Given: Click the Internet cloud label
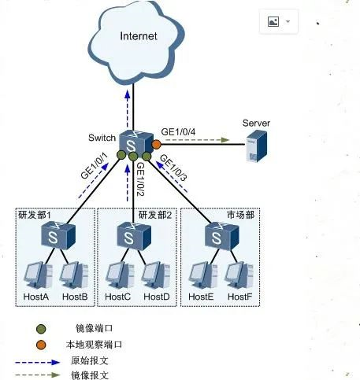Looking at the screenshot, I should tap(139, 36).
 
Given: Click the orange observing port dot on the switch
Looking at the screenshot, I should tap(156, 145).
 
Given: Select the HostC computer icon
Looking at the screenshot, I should tap(118, 273).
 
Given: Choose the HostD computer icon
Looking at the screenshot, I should tap(155, 273).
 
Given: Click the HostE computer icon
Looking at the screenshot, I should tap(202, 273).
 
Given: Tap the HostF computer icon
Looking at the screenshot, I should tap(237, 273).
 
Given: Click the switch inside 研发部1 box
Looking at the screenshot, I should tap(58, 234).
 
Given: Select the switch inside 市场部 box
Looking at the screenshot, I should tap(219, 234).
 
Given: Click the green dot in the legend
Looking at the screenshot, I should tap(41, 328).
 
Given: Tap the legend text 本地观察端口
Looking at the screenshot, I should tap(94, 345).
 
